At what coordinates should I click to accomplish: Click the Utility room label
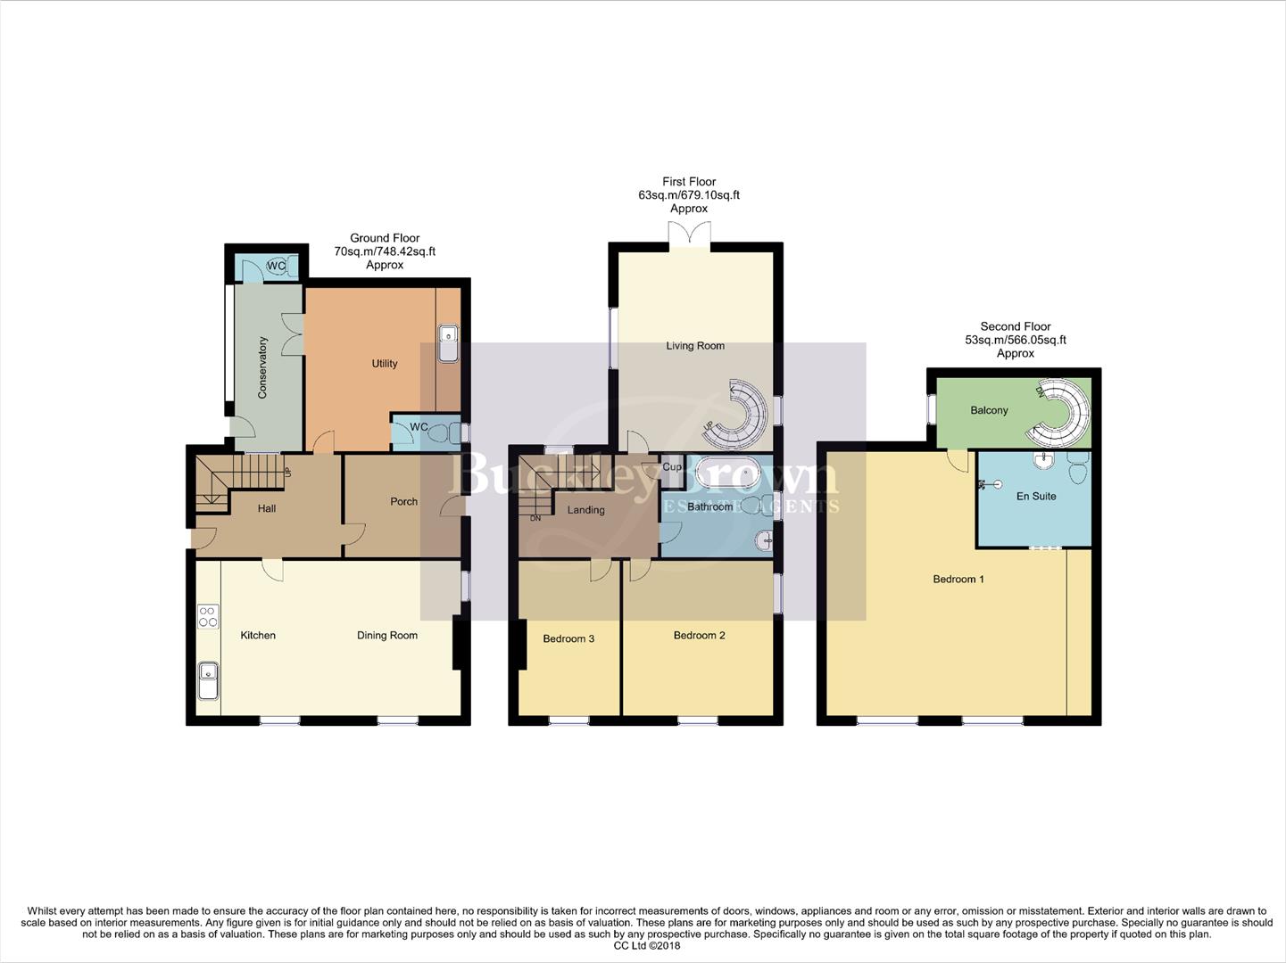coord(385,364)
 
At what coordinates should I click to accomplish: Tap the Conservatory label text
coord(263,366)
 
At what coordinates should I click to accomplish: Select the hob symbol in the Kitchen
coord(208,616)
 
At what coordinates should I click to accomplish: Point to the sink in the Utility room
coord(449,343)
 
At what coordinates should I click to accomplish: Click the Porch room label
coord(403,502)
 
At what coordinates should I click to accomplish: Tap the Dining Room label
coord(386,636)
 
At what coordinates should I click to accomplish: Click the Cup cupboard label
coord(672,467)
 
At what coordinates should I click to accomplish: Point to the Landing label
coord(585,510)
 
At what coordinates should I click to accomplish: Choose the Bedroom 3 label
coord(568,638)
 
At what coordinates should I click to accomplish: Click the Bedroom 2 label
coord(699,636)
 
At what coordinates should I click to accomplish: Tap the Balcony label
coord(989,411)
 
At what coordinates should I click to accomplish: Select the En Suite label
coord(1036,497)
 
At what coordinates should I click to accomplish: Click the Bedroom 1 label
coord(958,580)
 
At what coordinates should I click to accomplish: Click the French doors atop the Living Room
coord(689,234)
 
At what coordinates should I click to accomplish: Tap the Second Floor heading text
coord(1015,327)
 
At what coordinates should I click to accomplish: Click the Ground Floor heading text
coord(385,238)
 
